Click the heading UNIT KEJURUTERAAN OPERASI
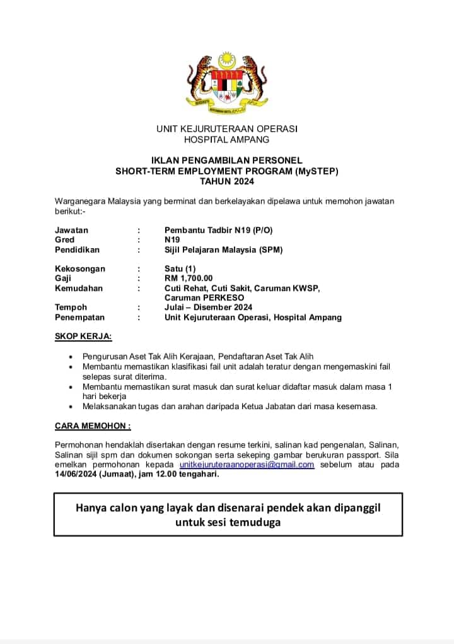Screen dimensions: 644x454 point(227,129)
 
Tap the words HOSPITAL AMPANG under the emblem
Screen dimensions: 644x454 point(227,139)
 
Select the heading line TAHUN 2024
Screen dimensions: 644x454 point(227,181)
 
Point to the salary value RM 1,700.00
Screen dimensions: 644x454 point(189,278)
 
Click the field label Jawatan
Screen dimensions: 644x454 point(71,230)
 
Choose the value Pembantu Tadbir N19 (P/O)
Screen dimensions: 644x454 point(219,230)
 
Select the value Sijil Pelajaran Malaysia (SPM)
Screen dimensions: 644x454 point(224,249)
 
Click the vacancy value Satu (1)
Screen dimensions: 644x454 point(180,268)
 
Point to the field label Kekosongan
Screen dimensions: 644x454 point(80,268)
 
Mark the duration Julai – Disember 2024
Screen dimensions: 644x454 point(208,307)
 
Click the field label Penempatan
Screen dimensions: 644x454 point(79,317)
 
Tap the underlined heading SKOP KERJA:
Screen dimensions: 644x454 point(83,336)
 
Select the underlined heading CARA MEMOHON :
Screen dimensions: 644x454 point(93,426)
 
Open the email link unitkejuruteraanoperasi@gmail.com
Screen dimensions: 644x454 point(247,465)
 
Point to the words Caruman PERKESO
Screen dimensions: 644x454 point(204,297)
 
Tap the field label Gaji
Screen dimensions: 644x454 point(63,278)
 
